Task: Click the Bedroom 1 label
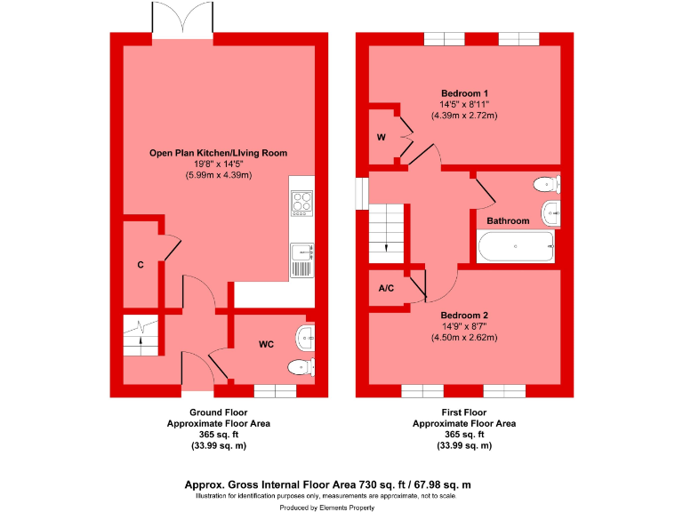pyautogui.click(x=463, y=92)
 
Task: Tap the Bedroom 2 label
pyautogui.click(x=463, y=315)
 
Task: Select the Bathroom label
pyautogui.click(x=508, y=220)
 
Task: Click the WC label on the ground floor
pyautogui.click(x=266, y=343)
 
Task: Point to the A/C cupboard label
pyautogui.click(x=387, y=289)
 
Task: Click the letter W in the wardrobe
pyautogui.click(x=381, y=137)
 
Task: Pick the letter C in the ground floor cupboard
pyautogui.click(x=141, y=265)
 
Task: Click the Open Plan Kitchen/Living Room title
pyautogui.click(x=218, y=153)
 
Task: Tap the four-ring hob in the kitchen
pyautogui.click(x=302, y=203)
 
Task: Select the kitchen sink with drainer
pyautogui.click(x=302, y=260)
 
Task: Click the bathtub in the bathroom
pyautogui.click(x=516, y=248)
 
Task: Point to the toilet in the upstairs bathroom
pyautogui.click(x=545, y=185)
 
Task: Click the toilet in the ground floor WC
pyautogui.click(x=301, y=366)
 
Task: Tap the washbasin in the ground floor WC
pyautogui.click(x=306, y=336)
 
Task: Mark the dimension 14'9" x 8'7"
pyautogui.click(x=463, y=326)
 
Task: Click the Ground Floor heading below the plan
pyautogui.click(x=218, y=412)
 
